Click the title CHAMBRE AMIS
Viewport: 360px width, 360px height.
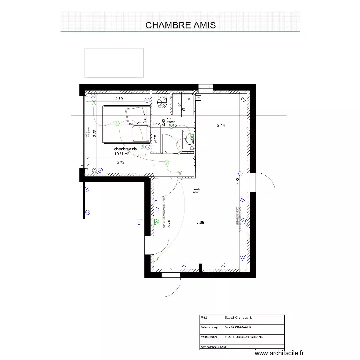(180, 25)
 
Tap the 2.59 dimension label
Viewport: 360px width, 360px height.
(119, 99)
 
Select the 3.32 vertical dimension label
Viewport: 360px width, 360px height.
(95, 134)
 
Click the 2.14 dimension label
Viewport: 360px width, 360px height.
(221, 126)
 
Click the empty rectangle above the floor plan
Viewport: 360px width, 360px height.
(114, 63)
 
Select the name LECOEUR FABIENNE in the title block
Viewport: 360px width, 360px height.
(252, 336)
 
